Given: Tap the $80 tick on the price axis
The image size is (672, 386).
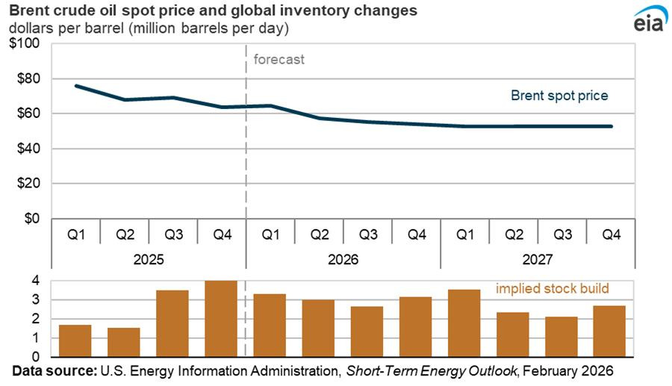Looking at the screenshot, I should [27, 78].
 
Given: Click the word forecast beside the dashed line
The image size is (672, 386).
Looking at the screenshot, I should [279, 60].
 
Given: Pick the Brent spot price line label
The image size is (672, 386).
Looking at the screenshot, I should [559, 96].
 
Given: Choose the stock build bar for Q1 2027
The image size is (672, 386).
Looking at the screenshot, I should [464, 314].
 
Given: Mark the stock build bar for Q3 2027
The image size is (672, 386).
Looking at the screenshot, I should [561, 327].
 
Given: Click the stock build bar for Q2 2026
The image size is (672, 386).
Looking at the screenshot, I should [318, 319].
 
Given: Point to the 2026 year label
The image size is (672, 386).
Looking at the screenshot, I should [343, 260].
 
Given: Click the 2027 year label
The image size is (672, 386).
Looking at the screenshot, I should [537, 260].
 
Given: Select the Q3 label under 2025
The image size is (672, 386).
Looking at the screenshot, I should [173, 234].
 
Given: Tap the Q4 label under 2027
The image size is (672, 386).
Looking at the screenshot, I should [610, 234].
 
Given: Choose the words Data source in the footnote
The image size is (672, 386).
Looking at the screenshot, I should [51, 370].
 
